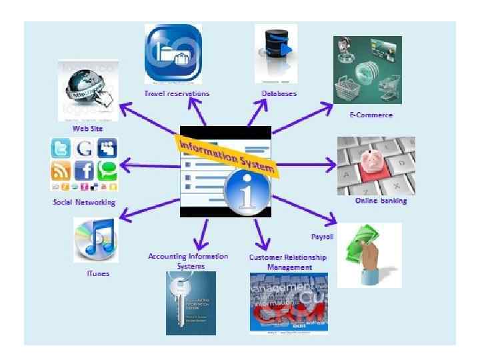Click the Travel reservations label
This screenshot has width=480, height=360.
coord(177,93)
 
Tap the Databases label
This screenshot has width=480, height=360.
coord(279,93)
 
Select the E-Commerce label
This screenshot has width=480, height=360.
coord(371,115)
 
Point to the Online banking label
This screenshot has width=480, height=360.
coord(381,200)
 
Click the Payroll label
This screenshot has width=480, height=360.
coord(322,237)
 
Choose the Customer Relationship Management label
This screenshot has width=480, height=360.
coord(288,262)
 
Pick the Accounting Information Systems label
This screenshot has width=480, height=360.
coord(188,261)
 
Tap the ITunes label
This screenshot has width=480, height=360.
coord(97,273)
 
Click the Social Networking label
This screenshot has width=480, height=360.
coord(84,202)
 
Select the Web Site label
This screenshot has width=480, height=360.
coord(88,128)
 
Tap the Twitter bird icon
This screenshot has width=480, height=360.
coord(61,148)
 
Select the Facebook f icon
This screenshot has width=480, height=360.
coord(84,171)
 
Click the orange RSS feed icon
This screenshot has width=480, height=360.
coord(61,171)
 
